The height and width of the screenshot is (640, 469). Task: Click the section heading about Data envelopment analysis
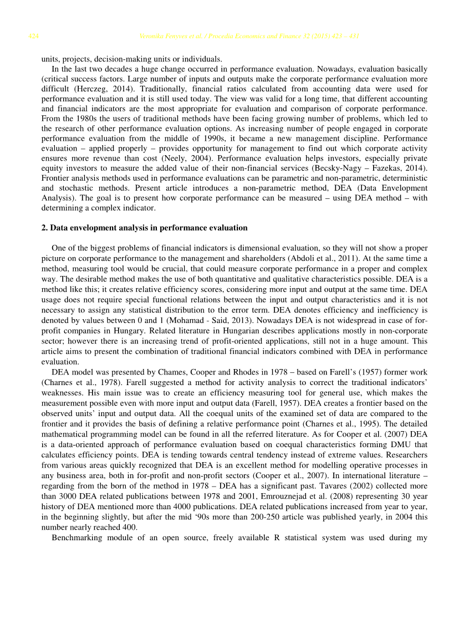tap(144, 228)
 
